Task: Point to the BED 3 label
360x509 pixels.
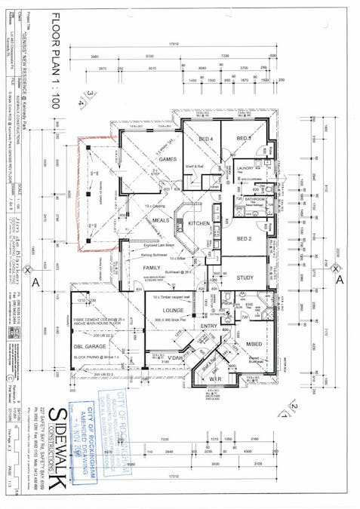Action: (x=243, y=139)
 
